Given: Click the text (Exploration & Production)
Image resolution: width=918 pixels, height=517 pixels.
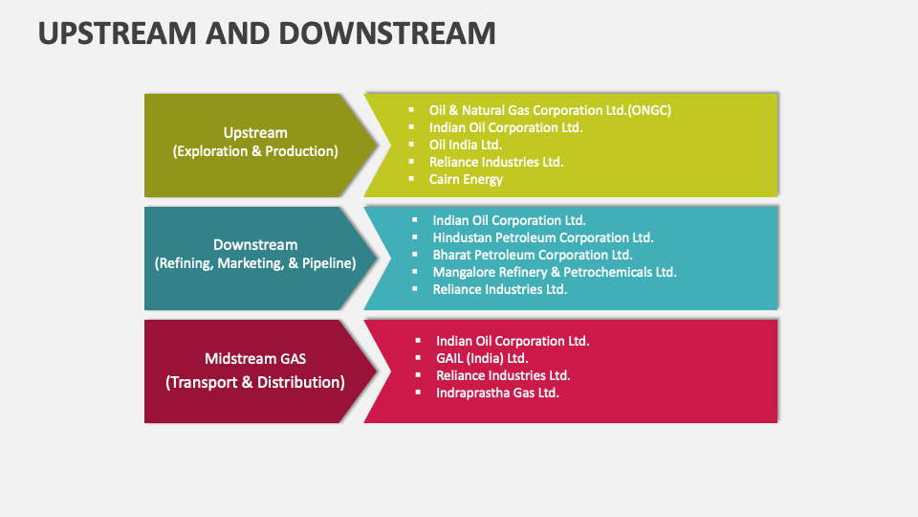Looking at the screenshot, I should click(255, 151).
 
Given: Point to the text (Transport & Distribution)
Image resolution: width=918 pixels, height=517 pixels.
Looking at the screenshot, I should click(255, 382).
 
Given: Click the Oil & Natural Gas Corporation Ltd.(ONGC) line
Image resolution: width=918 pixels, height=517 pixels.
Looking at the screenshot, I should click(550, 110).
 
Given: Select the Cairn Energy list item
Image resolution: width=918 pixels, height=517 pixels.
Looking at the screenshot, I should click(466, 179).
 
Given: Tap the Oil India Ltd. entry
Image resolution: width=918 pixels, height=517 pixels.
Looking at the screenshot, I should click(466, 145).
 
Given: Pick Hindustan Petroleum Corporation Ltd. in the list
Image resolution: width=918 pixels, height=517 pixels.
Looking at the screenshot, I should click(542, 237).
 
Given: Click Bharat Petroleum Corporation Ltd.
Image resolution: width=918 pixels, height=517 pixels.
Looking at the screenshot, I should click(533, 255).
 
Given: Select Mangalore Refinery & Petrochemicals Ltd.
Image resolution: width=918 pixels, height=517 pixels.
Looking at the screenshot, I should click(555, 272).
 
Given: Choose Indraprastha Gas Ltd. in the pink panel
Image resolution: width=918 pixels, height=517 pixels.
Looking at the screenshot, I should click(497, 393).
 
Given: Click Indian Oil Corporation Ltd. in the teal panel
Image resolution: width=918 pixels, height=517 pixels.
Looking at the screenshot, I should click(509, 220).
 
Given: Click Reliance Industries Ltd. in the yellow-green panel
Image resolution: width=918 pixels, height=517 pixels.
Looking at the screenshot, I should click(496, 162).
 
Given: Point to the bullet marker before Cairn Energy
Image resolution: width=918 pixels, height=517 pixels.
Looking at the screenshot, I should click(411, 179).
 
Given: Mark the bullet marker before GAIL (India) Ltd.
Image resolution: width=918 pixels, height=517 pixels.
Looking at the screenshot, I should click(418, 358).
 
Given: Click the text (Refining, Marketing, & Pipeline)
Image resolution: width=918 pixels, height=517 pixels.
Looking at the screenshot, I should click(255, 263).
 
